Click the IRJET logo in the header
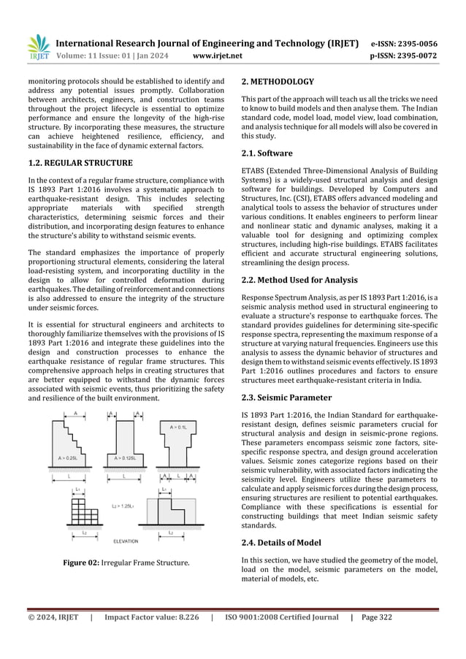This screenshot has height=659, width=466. click(x=37, y=46)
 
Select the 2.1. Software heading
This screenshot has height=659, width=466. click(x=267, y=153)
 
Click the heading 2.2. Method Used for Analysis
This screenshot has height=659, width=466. click(x=299, y=280)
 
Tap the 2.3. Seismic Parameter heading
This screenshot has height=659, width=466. click(x=286, y=397)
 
